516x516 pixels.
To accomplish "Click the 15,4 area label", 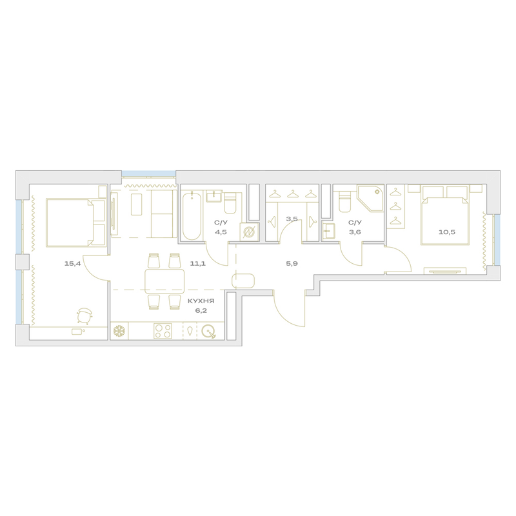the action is point(72,263).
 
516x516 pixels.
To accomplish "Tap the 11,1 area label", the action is point(198,263).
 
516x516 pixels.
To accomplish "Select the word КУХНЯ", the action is point(201,301).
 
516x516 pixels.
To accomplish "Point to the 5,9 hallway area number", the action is point(292,263).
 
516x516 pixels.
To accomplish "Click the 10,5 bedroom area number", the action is point(447,232).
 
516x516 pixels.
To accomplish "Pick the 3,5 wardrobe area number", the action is point(292,219).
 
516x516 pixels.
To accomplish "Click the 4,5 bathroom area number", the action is point(221,232).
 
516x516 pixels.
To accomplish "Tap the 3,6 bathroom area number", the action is point(355,232).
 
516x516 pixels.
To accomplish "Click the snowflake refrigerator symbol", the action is point(119,331).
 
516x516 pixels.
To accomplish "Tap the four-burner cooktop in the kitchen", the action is point(163,331).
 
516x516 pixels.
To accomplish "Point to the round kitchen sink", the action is point(208,331).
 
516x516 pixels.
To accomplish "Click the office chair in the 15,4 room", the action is point(84,315).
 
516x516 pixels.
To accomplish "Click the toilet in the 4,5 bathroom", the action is point(230,203).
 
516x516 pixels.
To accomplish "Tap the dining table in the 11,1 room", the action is point(164,281).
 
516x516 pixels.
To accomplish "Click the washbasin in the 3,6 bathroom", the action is point(328,232).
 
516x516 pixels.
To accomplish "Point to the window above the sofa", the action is point(149,174).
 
